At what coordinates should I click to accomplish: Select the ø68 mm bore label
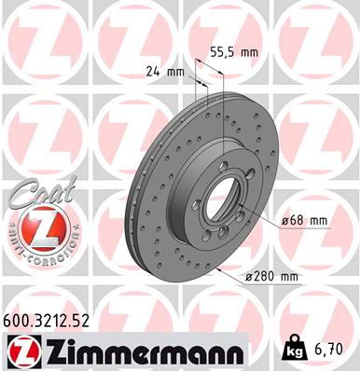304,220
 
